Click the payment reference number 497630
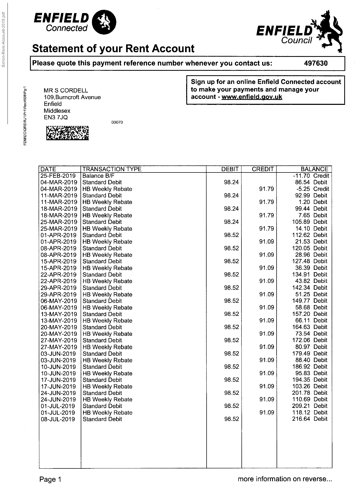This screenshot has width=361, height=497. pyautogui.click(x=316, y=63)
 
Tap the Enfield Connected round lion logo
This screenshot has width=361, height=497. pyautogui.click(x=105, y=22)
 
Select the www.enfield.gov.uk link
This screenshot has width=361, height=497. pyautogui.click(x=252, y=97)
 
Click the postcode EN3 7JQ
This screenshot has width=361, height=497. pyautogui.click(x=56, y=117)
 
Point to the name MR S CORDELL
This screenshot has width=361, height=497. pyautogui.click(x=66, y=90)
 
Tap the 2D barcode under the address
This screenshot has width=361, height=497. pyautogui.click(x=68, y=133)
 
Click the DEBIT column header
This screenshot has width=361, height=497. pyautogui.click(x=230, y=169)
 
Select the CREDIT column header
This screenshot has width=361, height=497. pyautogui.click(x=262, y=169)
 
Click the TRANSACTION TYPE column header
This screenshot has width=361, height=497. pyautogui.click(x=112, y=169)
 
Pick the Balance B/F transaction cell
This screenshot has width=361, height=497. pyautogui.click(x=98, y=176)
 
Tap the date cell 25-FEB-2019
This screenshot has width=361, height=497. pyautogui.click(x=58, y=176)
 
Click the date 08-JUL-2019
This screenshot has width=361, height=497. pyautogui.click(x=58, y=419)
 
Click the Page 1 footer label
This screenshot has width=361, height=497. pyautogui.click(x=50, y=479)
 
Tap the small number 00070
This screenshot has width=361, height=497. pyautogui.click(x=117, y=122)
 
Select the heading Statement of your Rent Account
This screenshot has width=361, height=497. pyautogui.click(x=113, y=49)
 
